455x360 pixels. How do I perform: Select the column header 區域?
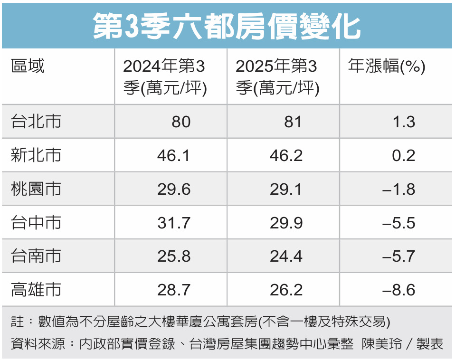[x=28, y=67]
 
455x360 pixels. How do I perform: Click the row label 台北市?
[x=36, y=122]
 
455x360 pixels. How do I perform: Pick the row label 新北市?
[x=36, y=155]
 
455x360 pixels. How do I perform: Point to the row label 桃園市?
[x=36, y=189]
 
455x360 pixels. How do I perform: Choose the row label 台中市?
[x=36, y=223]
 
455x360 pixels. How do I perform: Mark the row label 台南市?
[x=36, y=256]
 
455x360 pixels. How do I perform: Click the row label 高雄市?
[x=36, y=290]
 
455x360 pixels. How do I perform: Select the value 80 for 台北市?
[x=181, y=122]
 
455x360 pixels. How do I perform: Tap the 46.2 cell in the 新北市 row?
[x=286, y=156]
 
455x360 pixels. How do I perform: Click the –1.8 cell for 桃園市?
[x=399, y=189]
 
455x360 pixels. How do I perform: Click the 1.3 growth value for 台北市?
[x=404, y=122]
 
